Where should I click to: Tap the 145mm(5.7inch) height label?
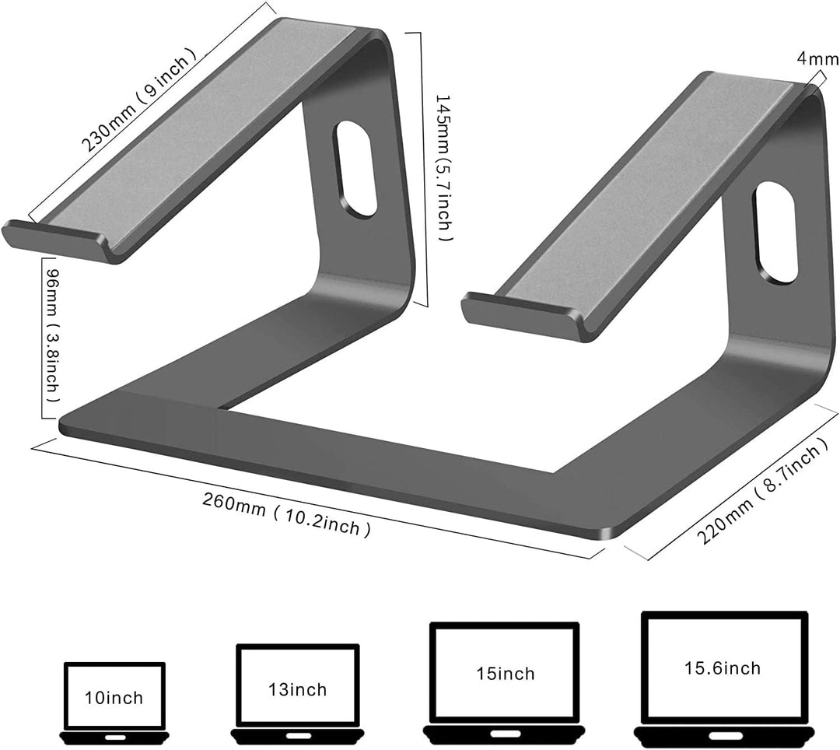point(444,168)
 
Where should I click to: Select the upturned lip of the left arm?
point(54,241)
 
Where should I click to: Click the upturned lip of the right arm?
point(521,315)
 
